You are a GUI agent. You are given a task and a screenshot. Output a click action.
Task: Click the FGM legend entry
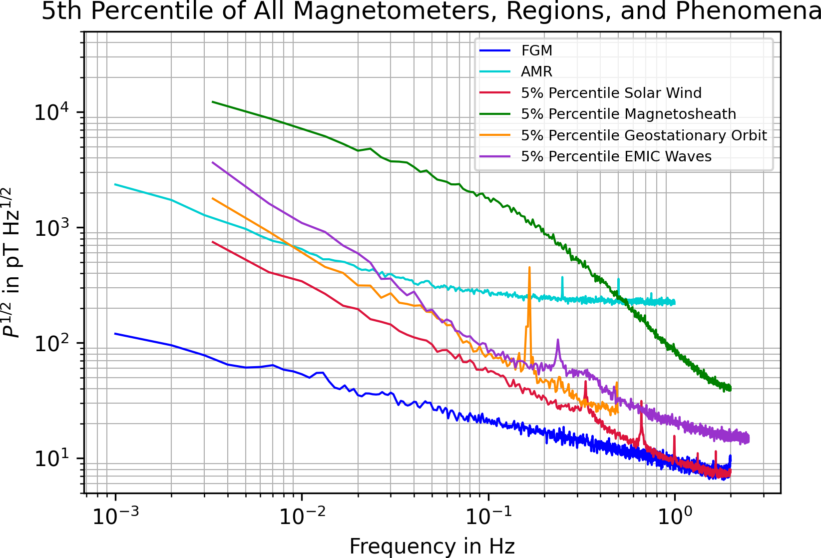click(536, 50)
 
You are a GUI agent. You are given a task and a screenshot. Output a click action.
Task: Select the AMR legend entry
click(536, 72)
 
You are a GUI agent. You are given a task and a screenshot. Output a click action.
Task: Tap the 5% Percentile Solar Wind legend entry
click(611, 93)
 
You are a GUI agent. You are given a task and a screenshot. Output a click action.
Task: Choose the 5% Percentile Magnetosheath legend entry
click(628, 114)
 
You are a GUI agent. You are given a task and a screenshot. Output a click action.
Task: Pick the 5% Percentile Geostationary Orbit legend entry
click(644, 135)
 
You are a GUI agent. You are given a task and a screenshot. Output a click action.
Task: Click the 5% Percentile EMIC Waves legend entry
click(616, 156)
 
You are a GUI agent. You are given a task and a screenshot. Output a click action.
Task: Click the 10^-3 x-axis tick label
click(115, 517)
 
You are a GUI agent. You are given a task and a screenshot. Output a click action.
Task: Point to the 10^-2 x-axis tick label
click(302, 517)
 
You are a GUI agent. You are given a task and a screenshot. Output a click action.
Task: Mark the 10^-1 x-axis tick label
click(488, 517)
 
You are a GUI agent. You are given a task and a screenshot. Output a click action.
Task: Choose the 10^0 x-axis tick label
click(675, 517)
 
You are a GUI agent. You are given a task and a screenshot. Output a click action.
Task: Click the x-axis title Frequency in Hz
click(432, 547)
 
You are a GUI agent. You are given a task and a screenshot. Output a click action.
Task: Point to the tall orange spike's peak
click(529, 267)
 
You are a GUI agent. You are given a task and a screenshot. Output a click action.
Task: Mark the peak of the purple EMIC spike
click(558, 340)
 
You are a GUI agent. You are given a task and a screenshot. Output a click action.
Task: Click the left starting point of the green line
click(213, 102)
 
